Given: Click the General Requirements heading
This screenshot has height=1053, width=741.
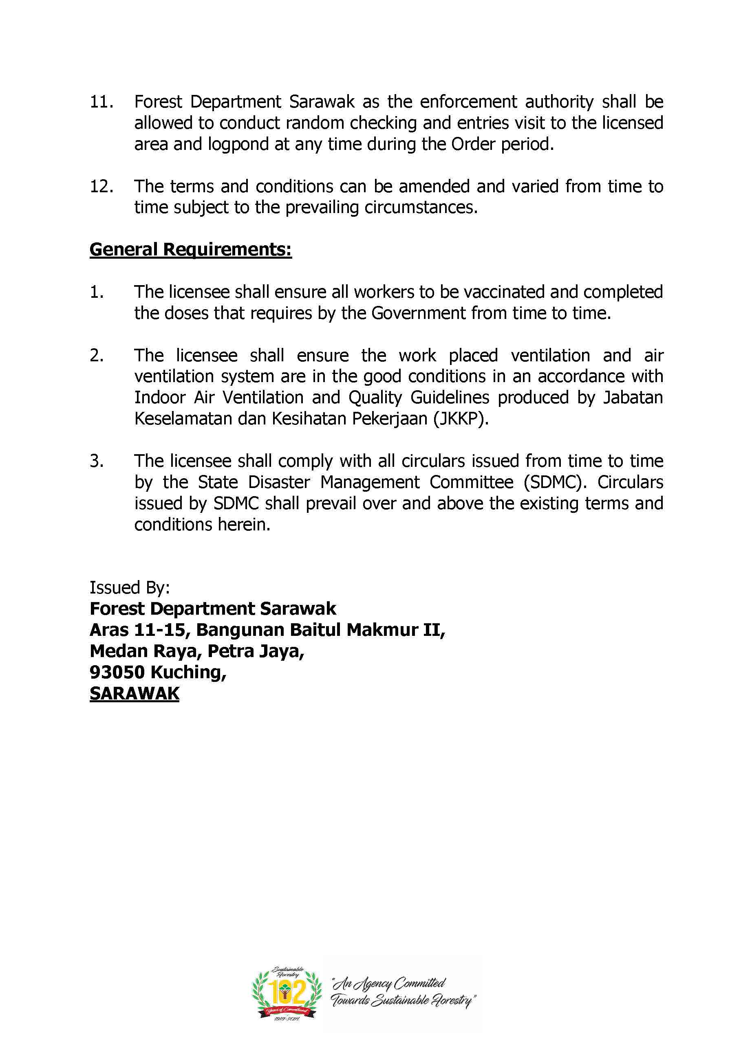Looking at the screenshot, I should [x=190, y=249].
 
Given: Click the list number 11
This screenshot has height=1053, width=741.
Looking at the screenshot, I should [x=101, y=102].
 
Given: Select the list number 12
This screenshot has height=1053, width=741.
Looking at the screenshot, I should [x=101, y=187].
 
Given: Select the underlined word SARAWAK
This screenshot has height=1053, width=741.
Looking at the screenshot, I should [x=134, y=693].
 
